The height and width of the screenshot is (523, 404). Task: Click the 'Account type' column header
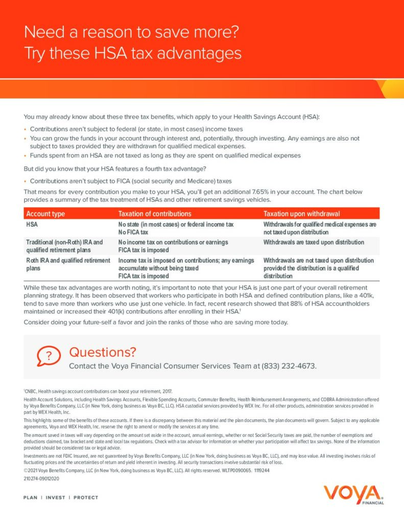[45, 213]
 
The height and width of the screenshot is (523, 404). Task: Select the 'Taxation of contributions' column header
[155, 213]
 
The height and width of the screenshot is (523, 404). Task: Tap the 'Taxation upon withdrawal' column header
[301, 213]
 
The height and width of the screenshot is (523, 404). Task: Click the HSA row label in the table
[32, 224]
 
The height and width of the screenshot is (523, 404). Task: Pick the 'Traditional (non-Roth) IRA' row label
[64, 242]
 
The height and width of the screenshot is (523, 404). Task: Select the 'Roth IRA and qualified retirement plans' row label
[68, 264]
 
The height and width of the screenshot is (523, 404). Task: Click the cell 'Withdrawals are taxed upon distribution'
[314, 242]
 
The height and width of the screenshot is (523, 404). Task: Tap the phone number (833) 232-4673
[289, 366]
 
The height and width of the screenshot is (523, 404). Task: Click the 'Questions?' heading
[103, 352]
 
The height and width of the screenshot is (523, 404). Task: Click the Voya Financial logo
[353, 494]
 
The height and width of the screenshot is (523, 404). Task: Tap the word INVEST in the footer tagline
[55, 497]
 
